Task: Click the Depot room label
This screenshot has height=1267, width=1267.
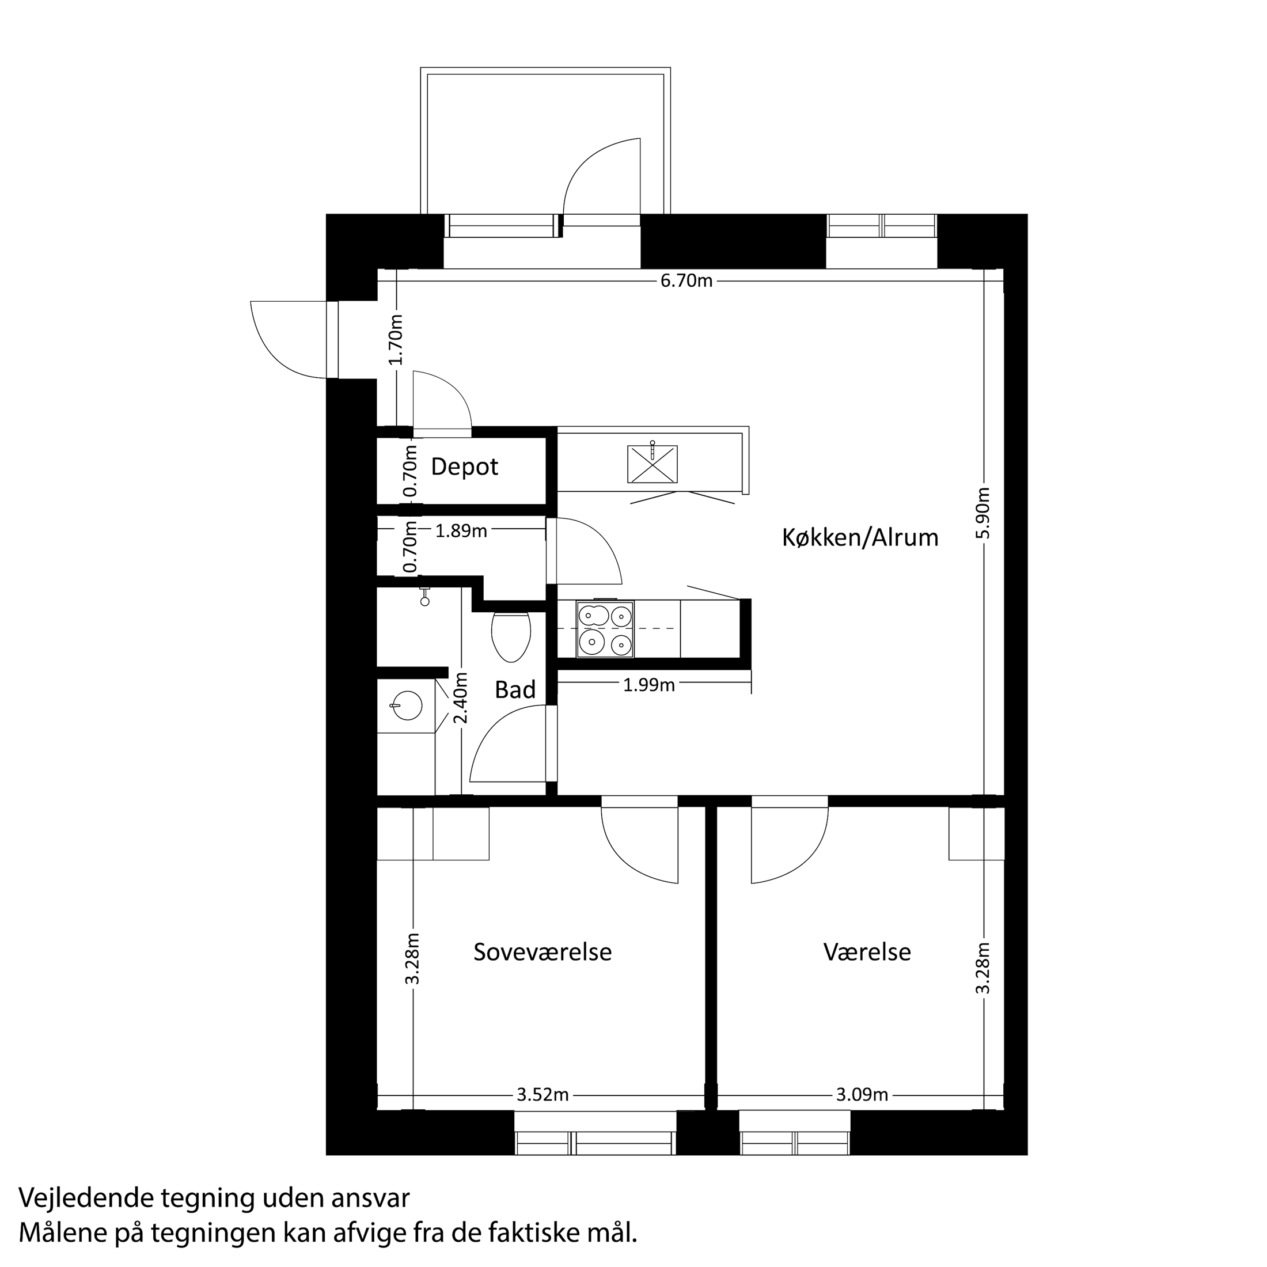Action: pos(464,467)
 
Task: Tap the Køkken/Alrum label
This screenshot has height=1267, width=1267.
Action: pos(860,538)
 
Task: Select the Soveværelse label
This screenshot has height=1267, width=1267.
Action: pos(543,952)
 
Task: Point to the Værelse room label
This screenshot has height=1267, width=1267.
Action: pos(867,952)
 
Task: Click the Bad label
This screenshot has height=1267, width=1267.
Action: pos(515,690)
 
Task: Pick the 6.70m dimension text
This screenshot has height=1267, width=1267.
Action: pos(686,282)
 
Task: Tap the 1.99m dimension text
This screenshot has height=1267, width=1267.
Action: pos(648,685)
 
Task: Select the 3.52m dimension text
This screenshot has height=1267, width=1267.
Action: pos(543,1095)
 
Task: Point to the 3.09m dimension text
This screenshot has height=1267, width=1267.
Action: pos(862,1095)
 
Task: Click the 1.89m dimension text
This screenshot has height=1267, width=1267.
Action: pos(461,531)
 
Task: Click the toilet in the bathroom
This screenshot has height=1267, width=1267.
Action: pos(510,635)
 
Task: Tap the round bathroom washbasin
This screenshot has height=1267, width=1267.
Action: pos(407,706)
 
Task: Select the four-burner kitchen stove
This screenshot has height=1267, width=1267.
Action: pos(605,629)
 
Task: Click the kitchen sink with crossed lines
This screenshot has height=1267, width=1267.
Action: pos(652,464)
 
